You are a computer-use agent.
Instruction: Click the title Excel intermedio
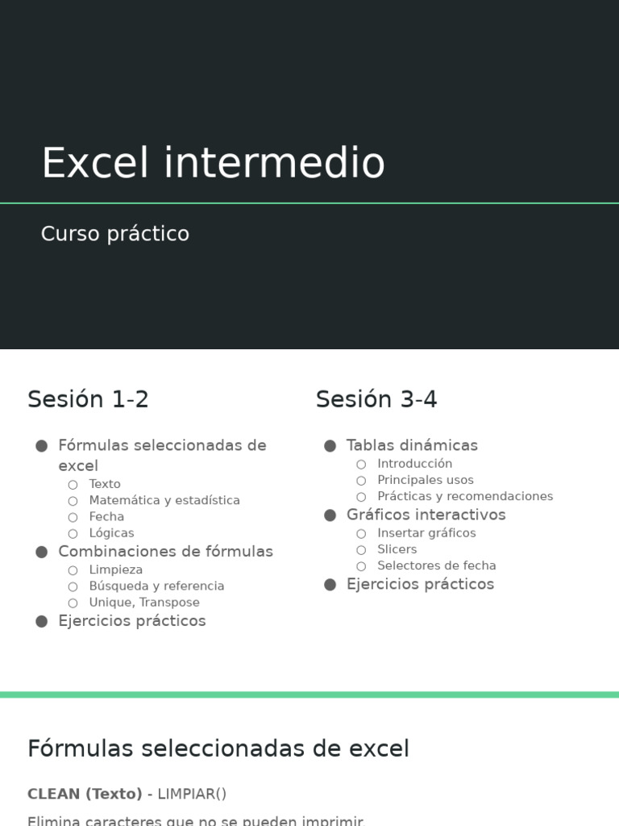point(213,163)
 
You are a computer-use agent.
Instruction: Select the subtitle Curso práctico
point(115,234)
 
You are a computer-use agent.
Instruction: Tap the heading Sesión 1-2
point(88,399)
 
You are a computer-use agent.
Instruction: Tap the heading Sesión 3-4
point(376,399)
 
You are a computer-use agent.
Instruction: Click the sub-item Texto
point(105,484)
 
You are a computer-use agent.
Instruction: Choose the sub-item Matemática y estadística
point(164,500)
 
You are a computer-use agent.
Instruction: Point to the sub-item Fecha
point(106,516)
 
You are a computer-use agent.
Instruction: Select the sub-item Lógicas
point(111,533)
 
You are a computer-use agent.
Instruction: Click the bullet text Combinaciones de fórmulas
point(165,552)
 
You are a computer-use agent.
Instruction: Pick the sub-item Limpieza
point(115,569)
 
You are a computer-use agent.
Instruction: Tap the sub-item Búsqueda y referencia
point(156,586)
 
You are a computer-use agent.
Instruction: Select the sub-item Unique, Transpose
point(144,603)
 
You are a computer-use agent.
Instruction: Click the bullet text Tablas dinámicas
point(412,445)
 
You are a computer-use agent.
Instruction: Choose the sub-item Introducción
point(414,464)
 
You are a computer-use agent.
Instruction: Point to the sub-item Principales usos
point(425,480)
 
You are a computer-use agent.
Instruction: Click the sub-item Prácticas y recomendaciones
point(465,496)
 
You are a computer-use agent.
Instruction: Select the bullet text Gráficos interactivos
point(426,515)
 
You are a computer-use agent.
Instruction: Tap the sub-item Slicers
point(397,549)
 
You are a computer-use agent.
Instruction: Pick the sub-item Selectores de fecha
point(436,565)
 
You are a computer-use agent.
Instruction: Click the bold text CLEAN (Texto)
point(85,794)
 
